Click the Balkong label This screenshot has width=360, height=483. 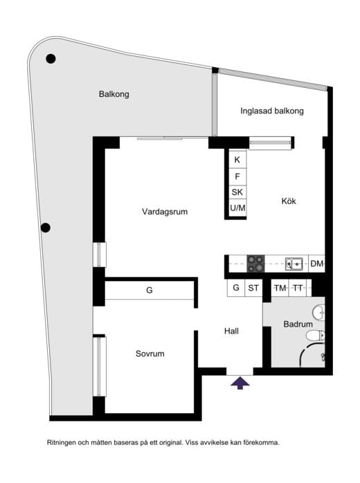coord(114,94)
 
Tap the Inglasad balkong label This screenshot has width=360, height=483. coord(272,111)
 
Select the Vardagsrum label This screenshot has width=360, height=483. coord(165,212)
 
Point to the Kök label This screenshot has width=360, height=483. coord(289,202)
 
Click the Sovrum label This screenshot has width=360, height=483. coord(150,354)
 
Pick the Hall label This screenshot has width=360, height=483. coord(232,331)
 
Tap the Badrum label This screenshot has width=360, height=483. coord(298,324)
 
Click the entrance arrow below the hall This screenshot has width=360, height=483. coord(240,383)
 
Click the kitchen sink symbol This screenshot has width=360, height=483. coord(294,263)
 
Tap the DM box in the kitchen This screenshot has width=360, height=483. coord(316,264)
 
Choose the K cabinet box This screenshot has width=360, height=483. coord(237,160)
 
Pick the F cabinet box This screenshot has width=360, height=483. coord(237,176)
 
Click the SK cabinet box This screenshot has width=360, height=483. coord(237,192)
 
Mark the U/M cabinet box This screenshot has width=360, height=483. coord(237,208)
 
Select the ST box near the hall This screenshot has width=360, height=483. coord(253,288)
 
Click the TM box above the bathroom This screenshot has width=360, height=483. coord(280,288)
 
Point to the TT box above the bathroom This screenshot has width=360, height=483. coord(298,288)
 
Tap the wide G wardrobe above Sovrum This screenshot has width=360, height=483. coord(149,291)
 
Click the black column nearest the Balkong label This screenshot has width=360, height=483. coord(51,60)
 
